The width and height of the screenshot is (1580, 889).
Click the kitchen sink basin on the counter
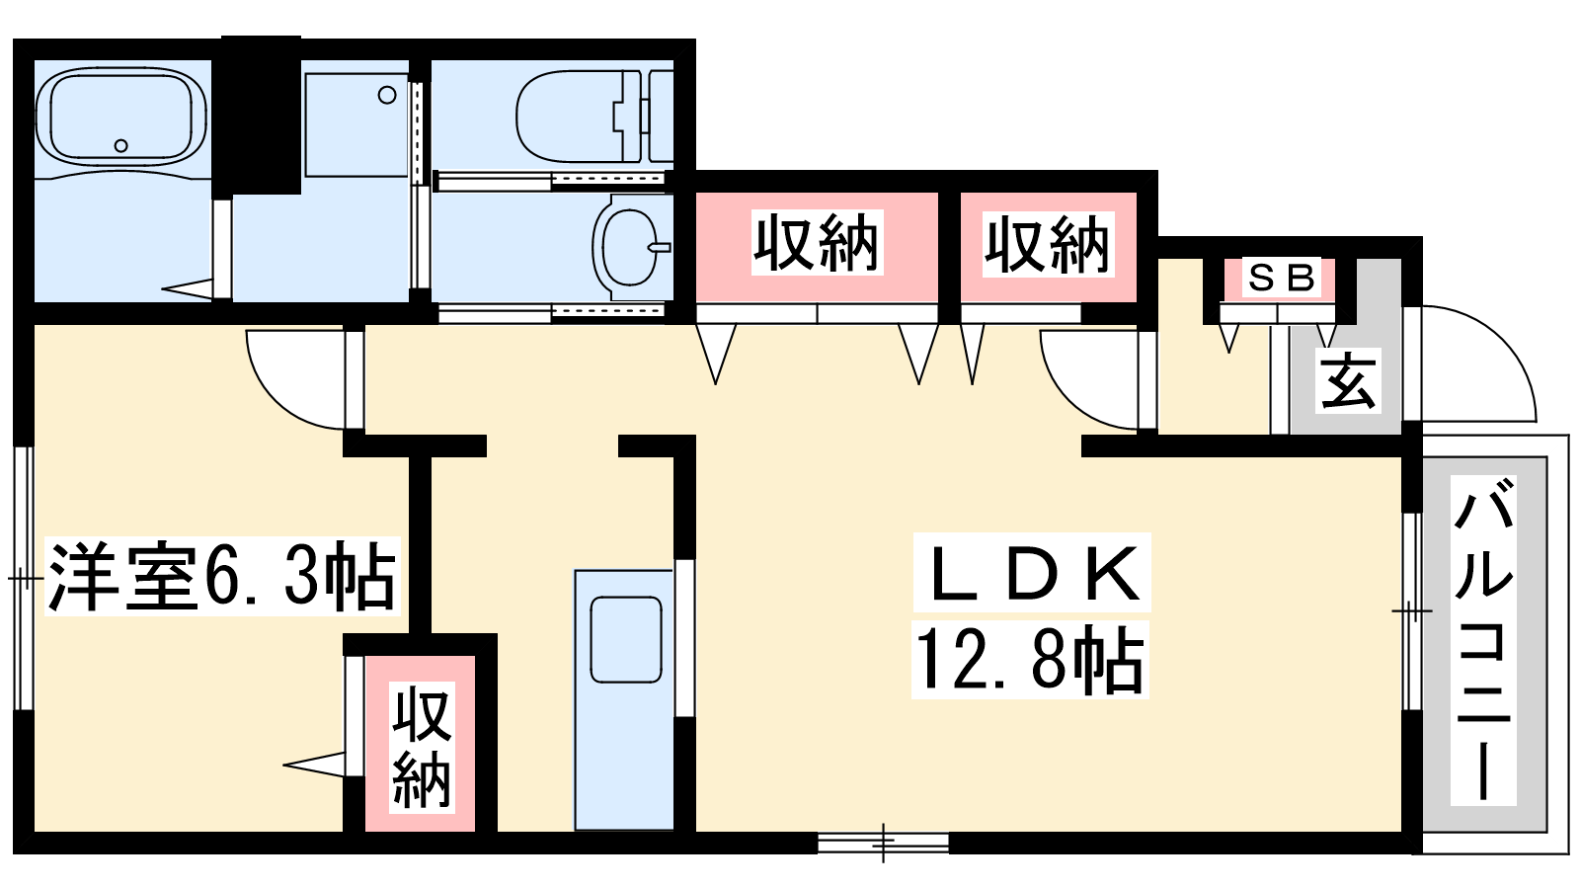pos(626,639)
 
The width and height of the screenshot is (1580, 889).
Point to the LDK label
pos(1032,572)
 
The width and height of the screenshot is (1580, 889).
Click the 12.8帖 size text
pos(1031,660)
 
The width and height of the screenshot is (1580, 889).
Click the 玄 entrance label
pos(1349,381)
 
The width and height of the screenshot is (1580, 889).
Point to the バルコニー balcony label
pos(1483,639)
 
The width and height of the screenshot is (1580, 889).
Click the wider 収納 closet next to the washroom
pos(817,247)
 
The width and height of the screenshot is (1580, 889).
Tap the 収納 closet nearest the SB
pos(1048,247)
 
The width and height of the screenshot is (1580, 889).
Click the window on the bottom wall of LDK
pos(883,844)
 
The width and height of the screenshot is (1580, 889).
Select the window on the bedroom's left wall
pos(24,579)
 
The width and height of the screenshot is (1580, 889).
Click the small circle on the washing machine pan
pos(387,95)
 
